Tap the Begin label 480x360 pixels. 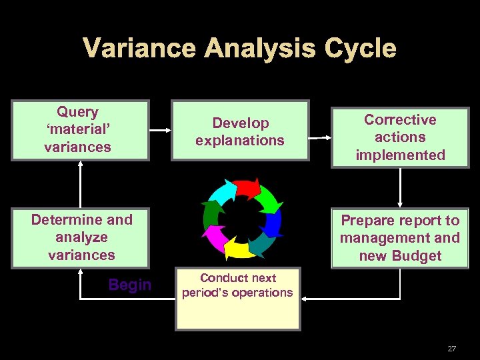coord(129,285)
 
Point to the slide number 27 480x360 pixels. coord(451,348)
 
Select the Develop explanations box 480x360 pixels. coord(240,131)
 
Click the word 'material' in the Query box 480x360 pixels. coord(78,129)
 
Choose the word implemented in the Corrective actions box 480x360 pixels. coord(400,155)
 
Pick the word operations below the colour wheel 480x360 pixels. coord(264,292)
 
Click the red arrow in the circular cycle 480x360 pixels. coord(247,189)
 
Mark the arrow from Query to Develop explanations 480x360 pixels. coord(159,130)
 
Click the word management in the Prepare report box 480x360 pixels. coord(400,238)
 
